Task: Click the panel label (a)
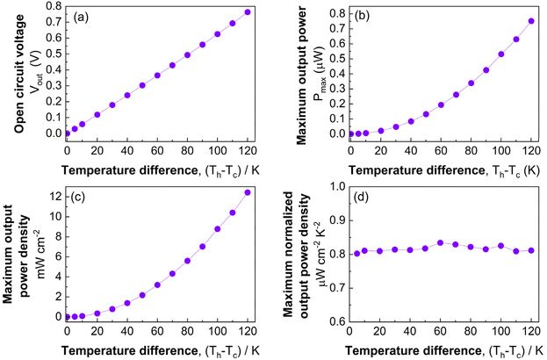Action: coord(80,18)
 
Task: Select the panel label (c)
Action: coord(80,196)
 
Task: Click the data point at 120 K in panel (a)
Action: coord(248,12)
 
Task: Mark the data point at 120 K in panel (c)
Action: coord(248,192)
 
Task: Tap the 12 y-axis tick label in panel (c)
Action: coord(54,193)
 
